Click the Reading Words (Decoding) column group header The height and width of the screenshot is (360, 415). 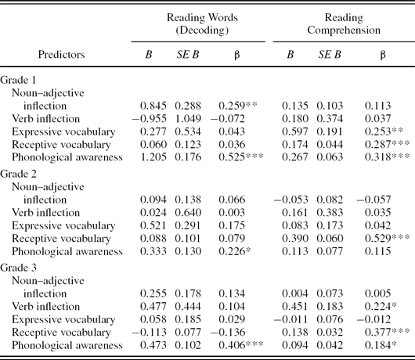point(202,23)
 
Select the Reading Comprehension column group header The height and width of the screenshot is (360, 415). point(344,23)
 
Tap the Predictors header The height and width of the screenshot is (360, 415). point(61,55)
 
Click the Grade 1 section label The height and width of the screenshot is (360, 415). point(18,80)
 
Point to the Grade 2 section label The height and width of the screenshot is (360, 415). point(18,174)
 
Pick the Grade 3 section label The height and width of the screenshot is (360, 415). point(18,268)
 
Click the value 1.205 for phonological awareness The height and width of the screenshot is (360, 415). point(153,157)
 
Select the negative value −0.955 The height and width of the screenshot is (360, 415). point(150,119)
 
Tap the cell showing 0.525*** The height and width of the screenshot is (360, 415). point(241,157)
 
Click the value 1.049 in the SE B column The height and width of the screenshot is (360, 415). point(188,119)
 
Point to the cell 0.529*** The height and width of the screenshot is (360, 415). point(388,239)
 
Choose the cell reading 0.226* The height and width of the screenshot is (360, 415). point(235,251)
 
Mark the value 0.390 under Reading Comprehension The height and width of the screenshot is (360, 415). point(295,239)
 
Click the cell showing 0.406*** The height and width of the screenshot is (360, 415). point(241,345)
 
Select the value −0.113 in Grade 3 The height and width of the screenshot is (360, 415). point(150,333)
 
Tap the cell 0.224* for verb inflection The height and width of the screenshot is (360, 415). point(381,306)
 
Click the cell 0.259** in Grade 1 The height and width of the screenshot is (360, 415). point(238,106)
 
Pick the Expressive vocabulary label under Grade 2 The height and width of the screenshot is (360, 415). point(63,225)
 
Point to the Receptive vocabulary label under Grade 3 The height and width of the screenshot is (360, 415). point(61,333)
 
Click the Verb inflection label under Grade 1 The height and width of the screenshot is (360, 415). point(45,119)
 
